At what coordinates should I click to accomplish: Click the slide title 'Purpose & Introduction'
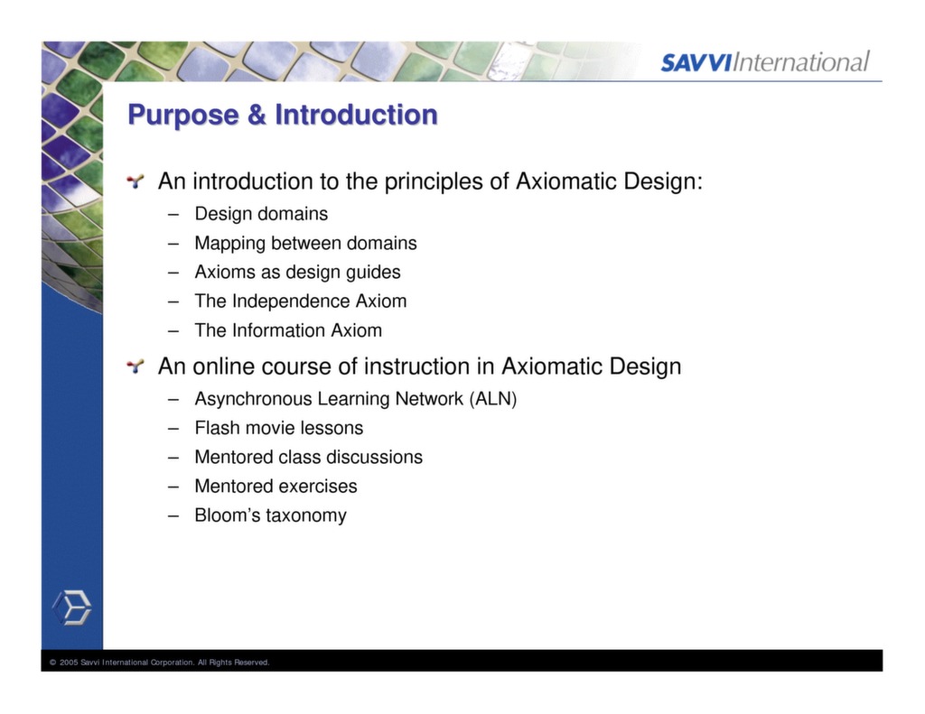pyautogui.click(x=282, y=116)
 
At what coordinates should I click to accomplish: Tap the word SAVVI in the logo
pyautogui.click(x=696, y=63)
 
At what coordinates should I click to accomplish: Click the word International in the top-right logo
pyautogui.click(x=801, y=62)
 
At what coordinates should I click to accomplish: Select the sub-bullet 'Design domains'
pyautogui.click(x=261, y=214)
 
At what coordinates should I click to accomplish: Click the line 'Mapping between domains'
pyautogui.click(x=305, y=243)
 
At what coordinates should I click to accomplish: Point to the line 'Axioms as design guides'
pyautogui.click(x=297, y=272)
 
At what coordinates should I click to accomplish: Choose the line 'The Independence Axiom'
pyautogui.click(x=300, y=301)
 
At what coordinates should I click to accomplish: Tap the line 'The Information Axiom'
pyautogui.click(x=288, y=330)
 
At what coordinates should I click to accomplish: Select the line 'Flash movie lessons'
pyautogui.click(x=278, y=428)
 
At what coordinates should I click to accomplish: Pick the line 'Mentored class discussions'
pyautogui.click(x=308, y=457)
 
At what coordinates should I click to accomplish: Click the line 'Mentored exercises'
pyautogui.click(x=276, y=486)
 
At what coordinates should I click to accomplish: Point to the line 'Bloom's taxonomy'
pyautogui.click(x=270, y=515)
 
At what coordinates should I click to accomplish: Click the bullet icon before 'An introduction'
pyautogui.click(x=135, y=182)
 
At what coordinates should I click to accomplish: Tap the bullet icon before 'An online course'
pyautogui.click(x=135, y=366)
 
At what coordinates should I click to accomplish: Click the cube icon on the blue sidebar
pyautogui.click(x=71, y=607)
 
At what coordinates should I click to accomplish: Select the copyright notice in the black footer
pyautogui.click(x=160, y=663)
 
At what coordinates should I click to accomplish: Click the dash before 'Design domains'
pyautogui.click(x=173, y=215)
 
